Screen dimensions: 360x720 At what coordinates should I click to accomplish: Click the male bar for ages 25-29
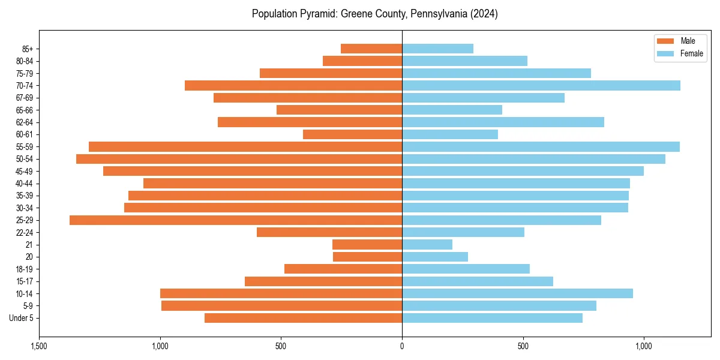click(x=236, y=220)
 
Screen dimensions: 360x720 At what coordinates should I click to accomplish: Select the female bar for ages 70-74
click(x=541, y=86)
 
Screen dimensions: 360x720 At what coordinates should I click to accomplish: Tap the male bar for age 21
click(x=367, y=245)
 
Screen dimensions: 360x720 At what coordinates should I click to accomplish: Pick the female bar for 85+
click(x=437, y=49)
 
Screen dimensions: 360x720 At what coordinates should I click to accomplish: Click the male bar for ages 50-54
click(x=239, y=159)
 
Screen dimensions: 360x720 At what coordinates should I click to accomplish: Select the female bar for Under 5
click(x=492, y=318)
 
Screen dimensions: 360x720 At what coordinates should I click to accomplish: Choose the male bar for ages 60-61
click(x=352, y=134)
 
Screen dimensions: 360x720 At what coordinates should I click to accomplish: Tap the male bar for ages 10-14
click(x=281, y=293)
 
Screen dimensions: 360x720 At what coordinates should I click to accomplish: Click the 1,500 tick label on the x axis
click(x=39, y=347)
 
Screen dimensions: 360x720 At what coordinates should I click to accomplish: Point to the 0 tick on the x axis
click(x=402, y=347)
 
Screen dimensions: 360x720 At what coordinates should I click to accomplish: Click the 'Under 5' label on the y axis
click(x=22, y=318)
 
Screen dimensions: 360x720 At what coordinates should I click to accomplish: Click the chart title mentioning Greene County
click(x=374, y=14)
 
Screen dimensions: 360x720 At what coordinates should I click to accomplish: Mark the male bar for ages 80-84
click(x=362, y=61)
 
